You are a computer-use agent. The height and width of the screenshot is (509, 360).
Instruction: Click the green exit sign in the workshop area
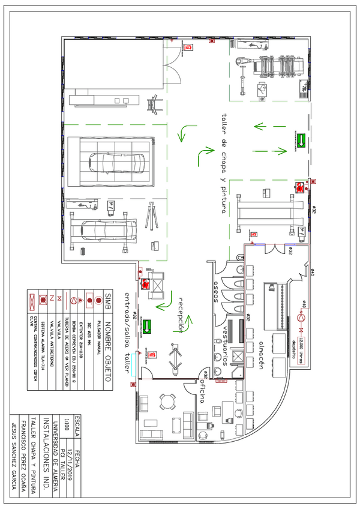pos(301,140)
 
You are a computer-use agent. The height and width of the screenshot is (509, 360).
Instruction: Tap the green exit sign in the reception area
pos(152,328)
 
